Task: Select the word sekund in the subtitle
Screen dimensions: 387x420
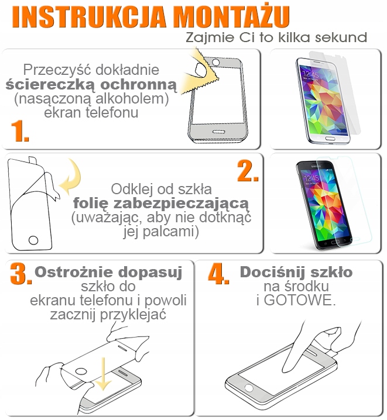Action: [341, 37]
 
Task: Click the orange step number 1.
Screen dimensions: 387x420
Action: [19, 131]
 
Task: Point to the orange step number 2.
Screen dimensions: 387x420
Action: [248, 171]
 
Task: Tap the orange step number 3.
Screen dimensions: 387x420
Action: [20, 274]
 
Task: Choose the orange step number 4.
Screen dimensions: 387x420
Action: [218, 274]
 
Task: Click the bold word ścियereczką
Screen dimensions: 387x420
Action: [50, 85]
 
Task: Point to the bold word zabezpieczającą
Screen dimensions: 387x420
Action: [181, 204]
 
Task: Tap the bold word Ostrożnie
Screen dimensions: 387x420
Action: [74, 272]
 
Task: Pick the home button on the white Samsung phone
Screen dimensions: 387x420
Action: [330, 139]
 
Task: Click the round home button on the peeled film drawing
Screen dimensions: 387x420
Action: [33, 240]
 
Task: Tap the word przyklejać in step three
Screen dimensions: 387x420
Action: [133, 315]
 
